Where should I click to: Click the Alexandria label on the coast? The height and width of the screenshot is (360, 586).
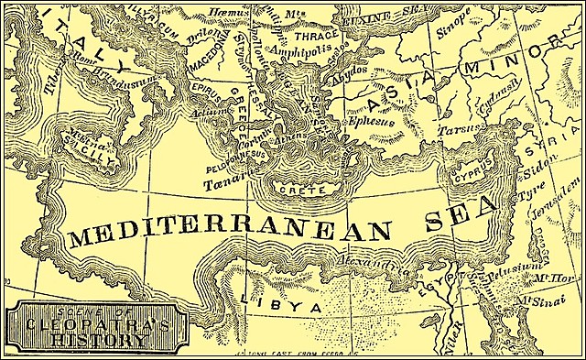[366, 267]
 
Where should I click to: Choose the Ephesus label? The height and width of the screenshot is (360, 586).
[369, 120]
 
